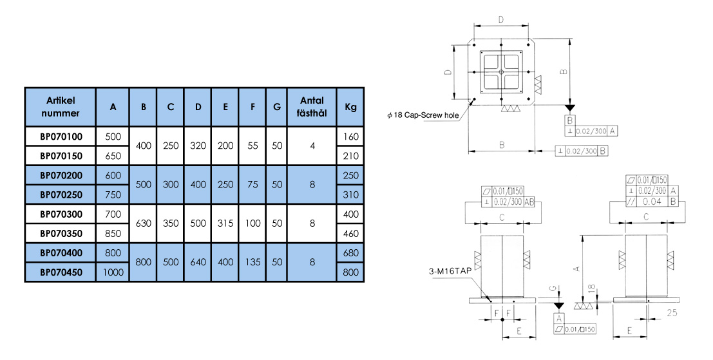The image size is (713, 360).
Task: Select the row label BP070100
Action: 61,137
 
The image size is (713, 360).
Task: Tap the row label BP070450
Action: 61,272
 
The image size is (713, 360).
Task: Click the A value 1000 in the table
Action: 113,272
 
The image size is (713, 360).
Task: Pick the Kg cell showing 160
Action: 351,137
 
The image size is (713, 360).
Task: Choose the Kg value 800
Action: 351,272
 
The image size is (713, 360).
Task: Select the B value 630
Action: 144,223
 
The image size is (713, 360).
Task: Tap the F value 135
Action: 252,263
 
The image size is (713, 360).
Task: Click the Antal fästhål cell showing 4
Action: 312,146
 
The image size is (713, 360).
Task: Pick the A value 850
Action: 113,234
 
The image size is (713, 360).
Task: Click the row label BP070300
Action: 61,214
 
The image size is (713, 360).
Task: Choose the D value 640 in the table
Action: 197,263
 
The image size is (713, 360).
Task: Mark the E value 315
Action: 225,223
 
